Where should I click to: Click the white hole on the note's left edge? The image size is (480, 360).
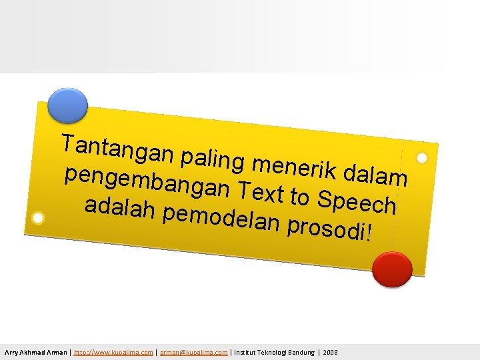39,218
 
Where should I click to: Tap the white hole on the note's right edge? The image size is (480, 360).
421,159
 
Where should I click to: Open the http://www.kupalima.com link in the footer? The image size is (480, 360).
113,352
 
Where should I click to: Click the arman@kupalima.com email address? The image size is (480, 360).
193,352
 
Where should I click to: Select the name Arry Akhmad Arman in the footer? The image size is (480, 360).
35,352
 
